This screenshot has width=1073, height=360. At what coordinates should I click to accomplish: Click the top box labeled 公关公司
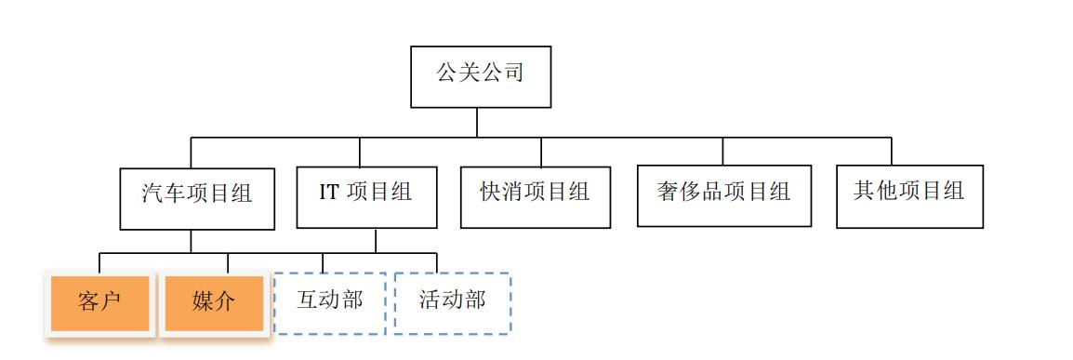[481, 76]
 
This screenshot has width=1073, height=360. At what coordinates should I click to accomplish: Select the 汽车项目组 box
[197, 198]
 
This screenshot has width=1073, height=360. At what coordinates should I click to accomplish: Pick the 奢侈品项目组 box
[723, 195]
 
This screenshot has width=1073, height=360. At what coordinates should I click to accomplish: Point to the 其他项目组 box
[909, 195]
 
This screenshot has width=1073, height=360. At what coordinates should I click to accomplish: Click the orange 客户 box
[99, 302]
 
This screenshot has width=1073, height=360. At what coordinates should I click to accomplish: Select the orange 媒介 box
[214, 302]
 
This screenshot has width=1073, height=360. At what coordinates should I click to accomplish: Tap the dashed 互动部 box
[329, 302]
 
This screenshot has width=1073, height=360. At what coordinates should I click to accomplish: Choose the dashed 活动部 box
[452, 302]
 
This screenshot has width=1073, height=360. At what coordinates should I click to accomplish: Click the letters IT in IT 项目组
[329, 193]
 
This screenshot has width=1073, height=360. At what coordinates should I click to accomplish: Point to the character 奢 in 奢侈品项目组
[668, 192]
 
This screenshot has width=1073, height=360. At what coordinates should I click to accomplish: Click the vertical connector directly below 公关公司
[477, 123]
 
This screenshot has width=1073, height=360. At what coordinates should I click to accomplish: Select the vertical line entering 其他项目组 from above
[891, 152]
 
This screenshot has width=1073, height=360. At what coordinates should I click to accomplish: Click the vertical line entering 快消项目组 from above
[540, 153]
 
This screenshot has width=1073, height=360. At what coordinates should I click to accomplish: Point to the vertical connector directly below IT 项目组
[376, 240]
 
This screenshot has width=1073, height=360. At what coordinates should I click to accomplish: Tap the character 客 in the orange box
[89, 302]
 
